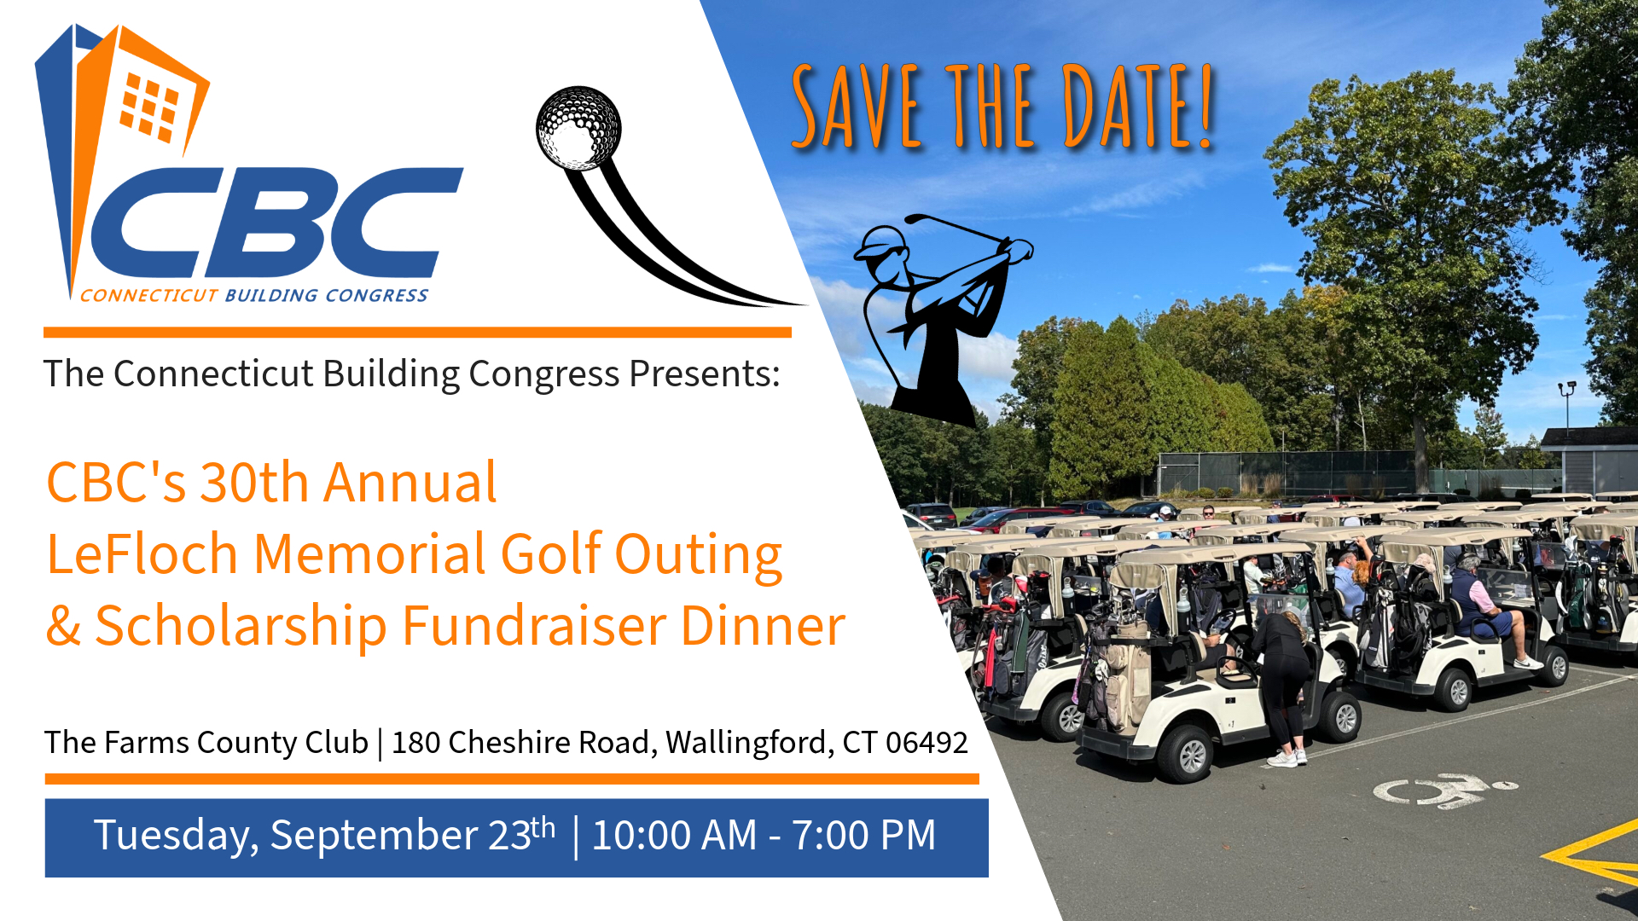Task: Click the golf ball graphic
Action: (578, 128)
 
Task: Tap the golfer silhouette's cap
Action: (879, 242)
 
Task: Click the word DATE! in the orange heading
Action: (1137, 106)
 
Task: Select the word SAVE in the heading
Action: (857, 106)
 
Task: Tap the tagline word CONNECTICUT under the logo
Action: (149, 296)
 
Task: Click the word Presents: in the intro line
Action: (705, 374)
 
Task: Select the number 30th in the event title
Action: (254, 483)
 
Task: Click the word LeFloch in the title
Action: (142, 554)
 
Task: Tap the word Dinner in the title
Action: (763, 626)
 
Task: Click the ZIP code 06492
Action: (926, 743)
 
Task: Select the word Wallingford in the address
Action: (747, 743)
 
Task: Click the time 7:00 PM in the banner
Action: (864, 835)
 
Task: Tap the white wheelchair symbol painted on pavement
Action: (1445, 789)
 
